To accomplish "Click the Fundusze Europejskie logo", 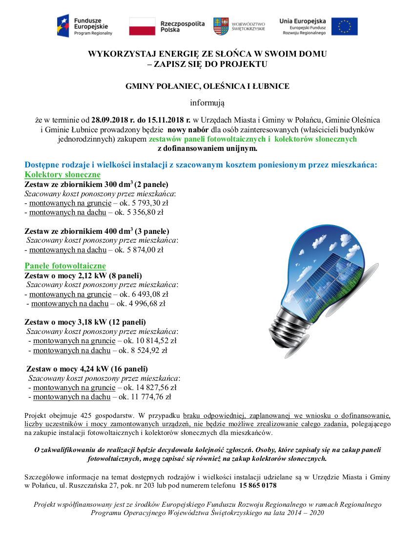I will point(84,26).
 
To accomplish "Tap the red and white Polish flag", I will point(142,26).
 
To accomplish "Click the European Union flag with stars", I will point(344,26).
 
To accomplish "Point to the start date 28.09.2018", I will point(108,120).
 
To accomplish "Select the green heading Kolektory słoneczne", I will point(62,175).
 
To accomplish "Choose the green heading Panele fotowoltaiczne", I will point(65,266).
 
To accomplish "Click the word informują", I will point(207,103).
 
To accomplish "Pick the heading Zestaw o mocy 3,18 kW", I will point(85,322).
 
